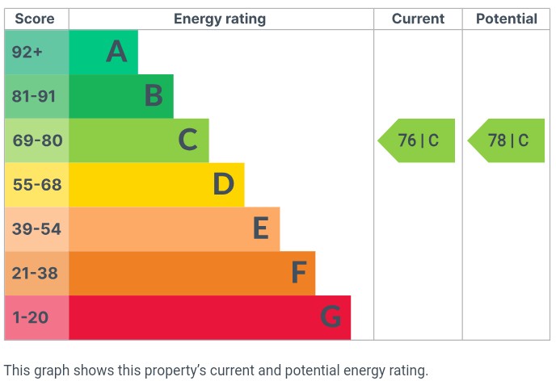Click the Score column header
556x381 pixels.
(x=35, y=19)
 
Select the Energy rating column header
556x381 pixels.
(x=220, y=19)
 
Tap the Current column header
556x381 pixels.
(x=418, y=19)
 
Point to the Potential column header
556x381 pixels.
(x=506, y=19)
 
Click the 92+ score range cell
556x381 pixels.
(x=27, y=52)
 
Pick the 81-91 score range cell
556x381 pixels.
(x=34, y=96)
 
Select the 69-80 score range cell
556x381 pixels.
(x=36, y=140)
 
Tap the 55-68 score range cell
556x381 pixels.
(x=36, y=185)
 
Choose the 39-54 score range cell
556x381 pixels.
(x=36, y=229)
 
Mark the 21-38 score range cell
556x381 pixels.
(x=35, y=274)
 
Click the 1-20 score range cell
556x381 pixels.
(x=31, y=317)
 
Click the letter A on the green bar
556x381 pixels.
(x=116, y=52)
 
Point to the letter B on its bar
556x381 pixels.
(x=153, y=97)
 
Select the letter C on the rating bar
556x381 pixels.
(x=187, y=140)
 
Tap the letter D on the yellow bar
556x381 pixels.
(x=223, y=185)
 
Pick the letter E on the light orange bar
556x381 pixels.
(x=259, y=229)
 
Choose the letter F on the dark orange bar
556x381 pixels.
(x=298, y=274)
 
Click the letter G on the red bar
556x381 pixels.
(x=330, y=317)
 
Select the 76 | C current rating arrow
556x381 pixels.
(x=417, y=140)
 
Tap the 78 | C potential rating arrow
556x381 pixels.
(x=507, y=140)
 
